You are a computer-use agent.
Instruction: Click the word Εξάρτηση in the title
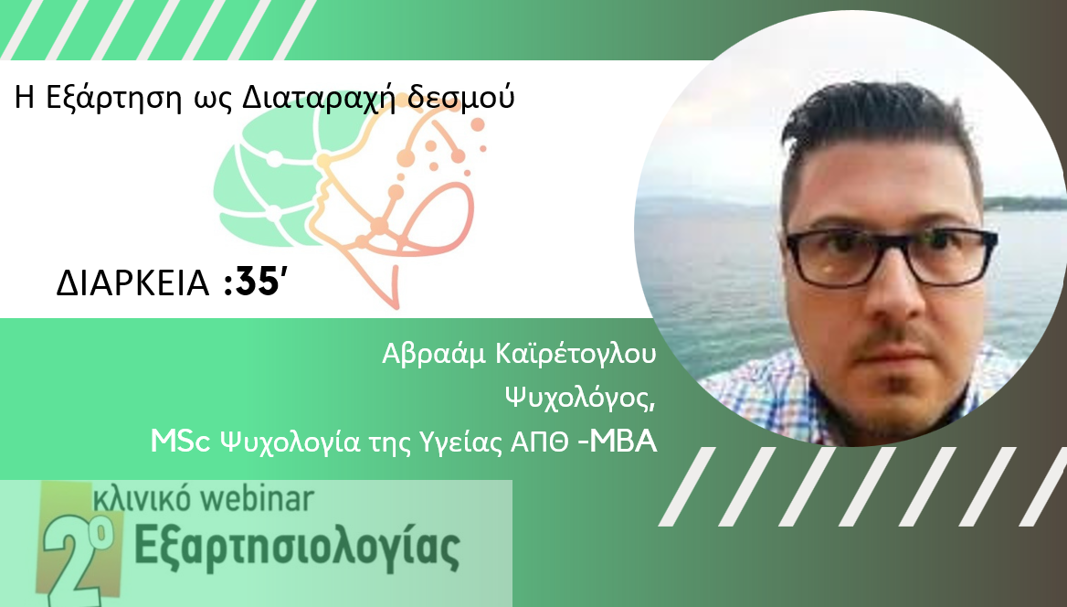tap(113, 99)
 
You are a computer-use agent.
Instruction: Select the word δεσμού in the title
tap(461, 97)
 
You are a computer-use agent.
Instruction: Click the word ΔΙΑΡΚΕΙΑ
tap(132, 283)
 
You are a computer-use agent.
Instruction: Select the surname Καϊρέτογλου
tap(577, 356)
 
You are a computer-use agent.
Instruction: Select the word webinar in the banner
tap(258, 499)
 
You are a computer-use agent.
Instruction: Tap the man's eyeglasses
tap(892, 257)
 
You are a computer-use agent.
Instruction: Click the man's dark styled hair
tap(878, 130)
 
